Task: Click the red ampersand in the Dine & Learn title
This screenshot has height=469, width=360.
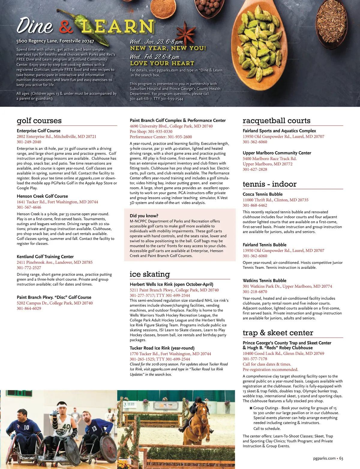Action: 66,27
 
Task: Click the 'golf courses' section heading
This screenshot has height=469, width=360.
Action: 39,121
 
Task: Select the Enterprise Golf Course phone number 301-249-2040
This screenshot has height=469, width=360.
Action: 29,142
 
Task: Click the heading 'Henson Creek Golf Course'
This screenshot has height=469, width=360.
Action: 42,196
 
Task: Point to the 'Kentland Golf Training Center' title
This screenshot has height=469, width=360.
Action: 45,257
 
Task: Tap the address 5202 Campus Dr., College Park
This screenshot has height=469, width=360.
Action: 55,303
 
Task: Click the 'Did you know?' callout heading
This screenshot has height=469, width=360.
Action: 144,216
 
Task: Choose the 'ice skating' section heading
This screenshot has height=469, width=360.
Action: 150,274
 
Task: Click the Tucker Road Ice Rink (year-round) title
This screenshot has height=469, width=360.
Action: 162,348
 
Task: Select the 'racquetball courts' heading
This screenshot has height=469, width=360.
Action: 276,121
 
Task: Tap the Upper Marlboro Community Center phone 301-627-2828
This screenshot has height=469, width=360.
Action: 255,169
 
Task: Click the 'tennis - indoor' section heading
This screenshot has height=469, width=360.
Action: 269,184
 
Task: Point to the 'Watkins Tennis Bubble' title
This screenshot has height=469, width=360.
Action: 264,281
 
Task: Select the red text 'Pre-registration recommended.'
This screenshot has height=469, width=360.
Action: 270,370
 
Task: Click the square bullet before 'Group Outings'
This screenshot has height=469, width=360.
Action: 251,408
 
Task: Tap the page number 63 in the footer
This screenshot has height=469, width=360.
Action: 341,458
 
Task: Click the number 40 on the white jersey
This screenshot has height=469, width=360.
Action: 66,426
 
